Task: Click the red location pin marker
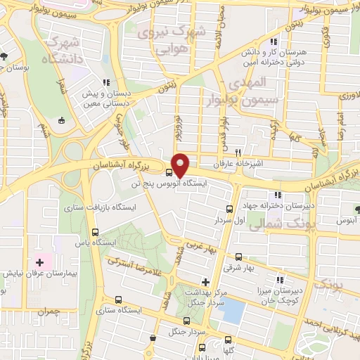(x=181, y=165)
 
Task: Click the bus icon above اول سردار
(x=229, y=209)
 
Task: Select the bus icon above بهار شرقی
(x=238, y=257)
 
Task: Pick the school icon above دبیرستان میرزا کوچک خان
(x=281, y=279)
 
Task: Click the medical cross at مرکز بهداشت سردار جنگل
(x=205, y=281)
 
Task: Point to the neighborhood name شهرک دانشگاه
(x=62, y=50)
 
